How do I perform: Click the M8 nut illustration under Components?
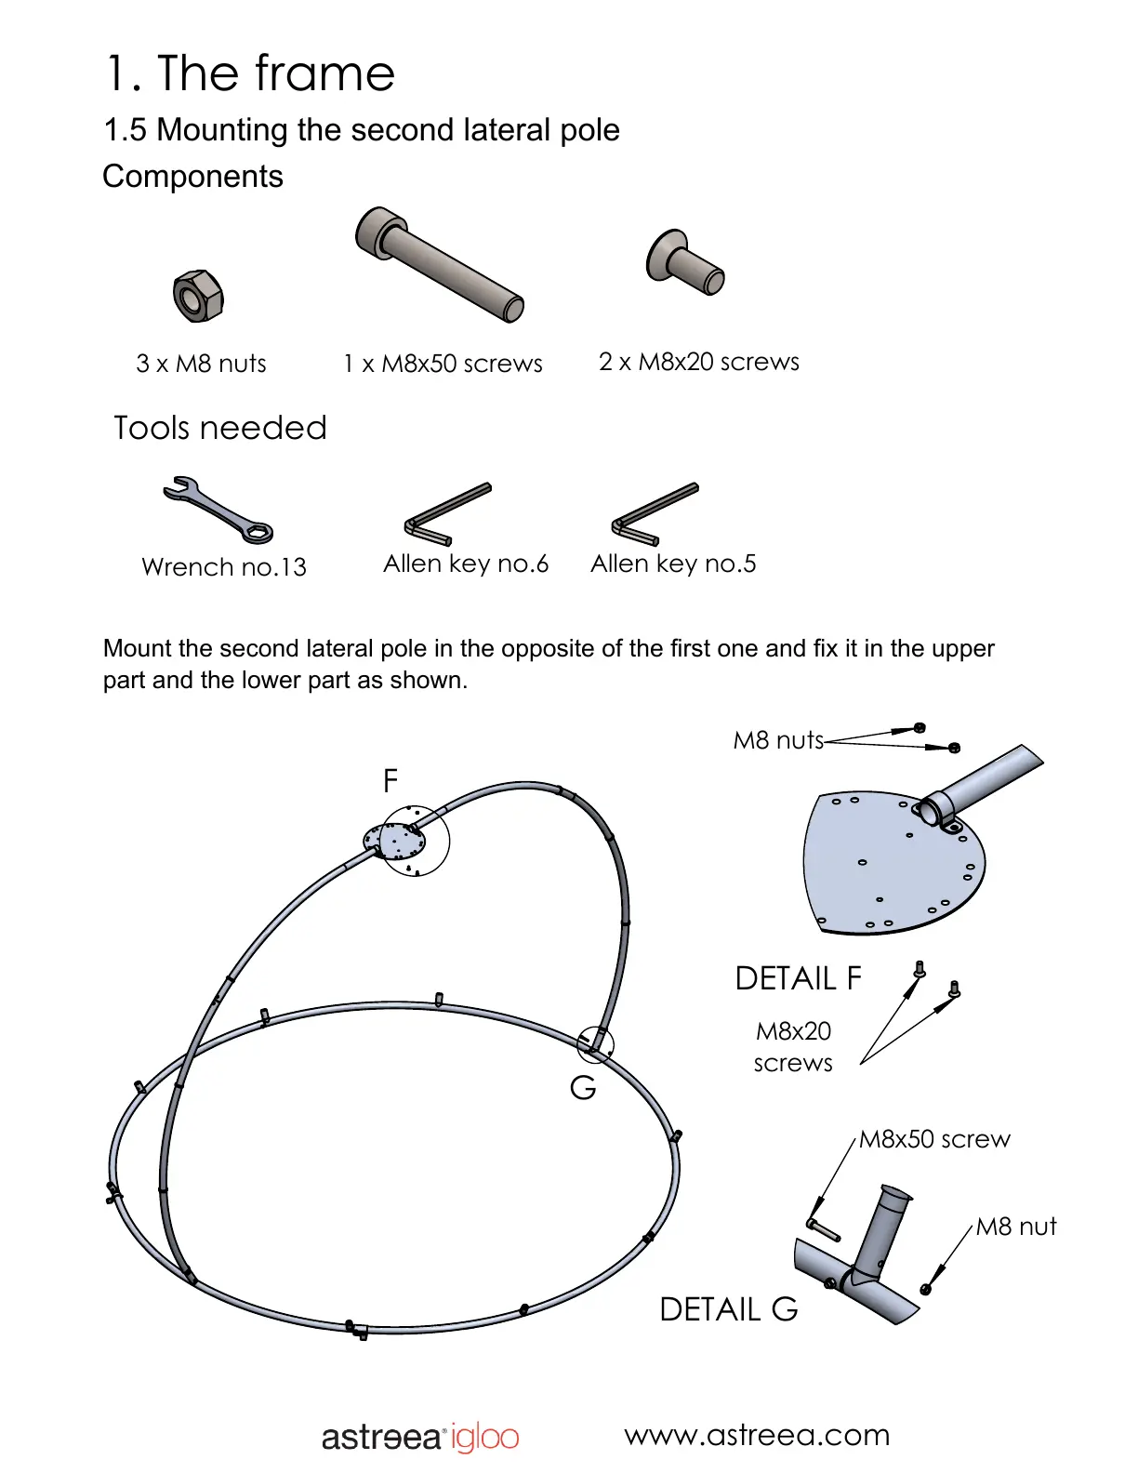coord(198,297)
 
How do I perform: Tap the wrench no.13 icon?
coord(218,510)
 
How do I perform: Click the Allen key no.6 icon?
coord(447,513)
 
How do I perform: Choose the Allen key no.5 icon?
coord(655,513)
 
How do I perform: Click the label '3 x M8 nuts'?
coord(201,364)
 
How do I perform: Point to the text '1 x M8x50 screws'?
coord(443,364)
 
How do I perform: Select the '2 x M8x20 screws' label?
coord(698,362)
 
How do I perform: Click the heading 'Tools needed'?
coord(220,428)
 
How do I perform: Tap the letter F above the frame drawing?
coord(390,780)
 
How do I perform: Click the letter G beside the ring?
coord(583,1087)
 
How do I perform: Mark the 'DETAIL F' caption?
coord(798,978)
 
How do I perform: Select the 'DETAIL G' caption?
coord(728,1309)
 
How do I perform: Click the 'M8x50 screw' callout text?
coord(933,1139)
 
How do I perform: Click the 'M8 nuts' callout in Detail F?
coord(778,740)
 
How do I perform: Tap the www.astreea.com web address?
coord(757,1435)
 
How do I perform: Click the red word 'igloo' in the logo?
coord(484,1438)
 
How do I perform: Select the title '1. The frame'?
coord(250,73)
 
